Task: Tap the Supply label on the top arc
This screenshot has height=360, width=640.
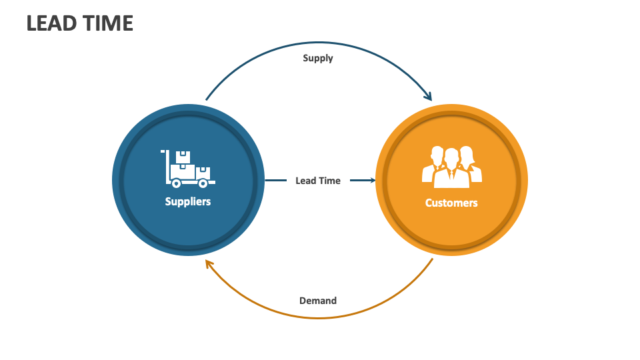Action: point(318,58)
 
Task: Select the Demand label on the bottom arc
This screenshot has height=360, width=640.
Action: point(318,301)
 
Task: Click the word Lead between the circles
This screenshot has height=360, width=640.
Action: point(306,181)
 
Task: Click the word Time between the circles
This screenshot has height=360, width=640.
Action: point(330,181)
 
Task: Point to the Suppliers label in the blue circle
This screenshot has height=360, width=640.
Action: point(188,201)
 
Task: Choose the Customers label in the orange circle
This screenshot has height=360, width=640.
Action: point(451,203)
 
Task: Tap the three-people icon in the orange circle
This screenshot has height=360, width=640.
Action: point(451,165)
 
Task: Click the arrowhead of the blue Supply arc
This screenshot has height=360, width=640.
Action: point(427,97)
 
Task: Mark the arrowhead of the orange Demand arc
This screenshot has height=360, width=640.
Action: point(209,264)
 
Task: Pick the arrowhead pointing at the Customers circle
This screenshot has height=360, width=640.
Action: point(371,180)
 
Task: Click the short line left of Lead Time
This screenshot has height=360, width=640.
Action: point(275,180)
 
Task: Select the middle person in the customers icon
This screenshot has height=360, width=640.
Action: point(451,167)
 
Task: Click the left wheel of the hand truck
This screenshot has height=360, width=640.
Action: point(176,183)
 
